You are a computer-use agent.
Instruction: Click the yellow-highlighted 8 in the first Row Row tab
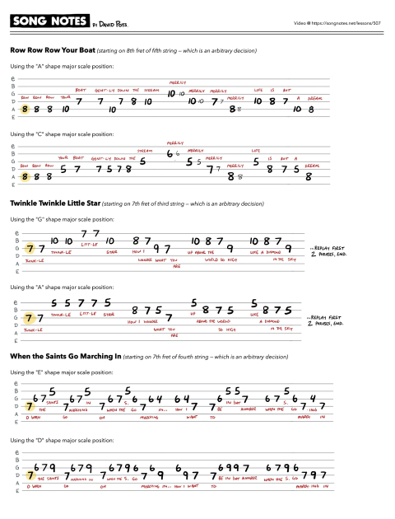tap(26, 108)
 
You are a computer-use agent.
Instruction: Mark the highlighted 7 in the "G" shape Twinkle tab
tap(30, 249)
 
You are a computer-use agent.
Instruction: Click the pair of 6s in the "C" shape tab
tap(172, 154)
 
